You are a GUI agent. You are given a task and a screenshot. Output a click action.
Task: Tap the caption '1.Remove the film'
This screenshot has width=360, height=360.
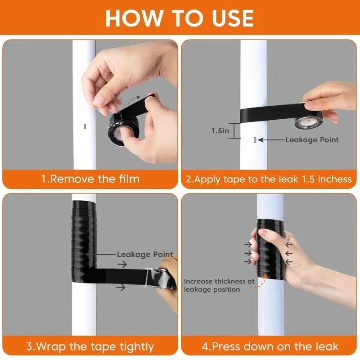coord(90,179)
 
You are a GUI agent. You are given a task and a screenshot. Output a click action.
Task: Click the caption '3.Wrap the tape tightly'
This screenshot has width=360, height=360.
coord(90,346)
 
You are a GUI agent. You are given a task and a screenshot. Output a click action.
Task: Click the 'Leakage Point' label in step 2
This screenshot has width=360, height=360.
coord(312,140)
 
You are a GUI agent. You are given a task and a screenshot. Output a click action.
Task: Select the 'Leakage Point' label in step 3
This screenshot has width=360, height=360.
coord(145,255)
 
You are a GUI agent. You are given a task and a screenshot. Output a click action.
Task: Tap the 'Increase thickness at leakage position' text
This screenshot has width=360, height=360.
coord(219,285)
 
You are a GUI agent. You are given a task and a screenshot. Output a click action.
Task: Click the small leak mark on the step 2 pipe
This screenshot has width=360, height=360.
coord(254,140)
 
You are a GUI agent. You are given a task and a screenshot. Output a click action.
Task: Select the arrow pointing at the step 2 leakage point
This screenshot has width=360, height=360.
coord(270,140)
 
